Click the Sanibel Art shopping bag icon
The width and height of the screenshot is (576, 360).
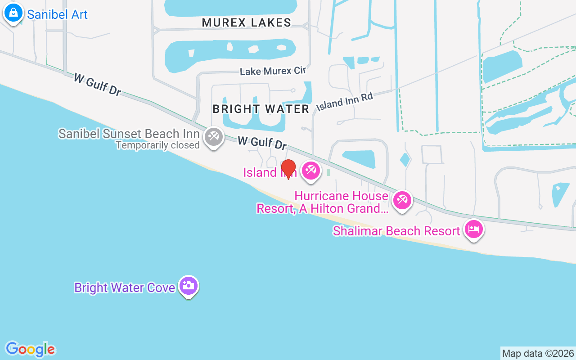point(13,13)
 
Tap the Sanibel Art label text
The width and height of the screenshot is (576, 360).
point(57,14)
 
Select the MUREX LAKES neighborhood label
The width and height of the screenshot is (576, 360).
point(246,22)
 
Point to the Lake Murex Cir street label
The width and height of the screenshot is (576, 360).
point(272,71)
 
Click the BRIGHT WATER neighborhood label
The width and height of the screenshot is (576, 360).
point(261,109)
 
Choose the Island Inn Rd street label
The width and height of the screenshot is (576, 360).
point(345,102)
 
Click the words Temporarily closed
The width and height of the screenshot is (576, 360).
point(157,145)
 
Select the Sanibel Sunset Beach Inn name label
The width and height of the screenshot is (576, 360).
point(129,134)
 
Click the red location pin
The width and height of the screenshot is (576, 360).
point(288,168)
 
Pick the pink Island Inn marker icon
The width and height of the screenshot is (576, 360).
point(310,171)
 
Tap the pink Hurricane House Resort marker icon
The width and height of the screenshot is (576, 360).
point(402,199)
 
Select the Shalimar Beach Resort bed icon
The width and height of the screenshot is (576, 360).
point(473,229)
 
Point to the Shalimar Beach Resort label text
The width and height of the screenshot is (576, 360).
point(396,231)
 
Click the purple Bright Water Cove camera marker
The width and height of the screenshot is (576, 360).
point(188,285)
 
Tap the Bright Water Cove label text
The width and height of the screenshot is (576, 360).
point(125,288)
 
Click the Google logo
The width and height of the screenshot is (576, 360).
point(30,349)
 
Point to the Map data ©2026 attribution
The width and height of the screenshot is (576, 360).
point(538,353)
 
